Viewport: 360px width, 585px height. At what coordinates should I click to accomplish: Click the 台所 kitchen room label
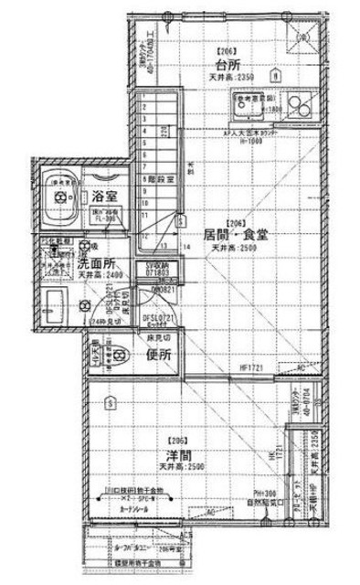coord(227,66)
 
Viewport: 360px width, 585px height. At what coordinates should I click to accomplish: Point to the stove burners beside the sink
coord(296,102)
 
